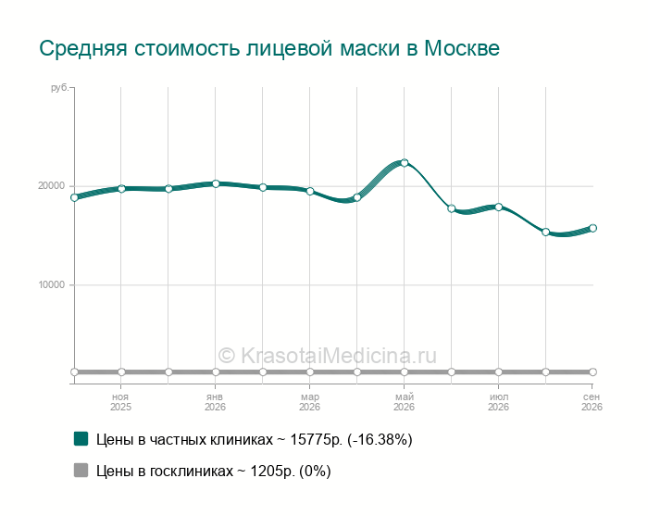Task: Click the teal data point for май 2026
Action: point(405,163)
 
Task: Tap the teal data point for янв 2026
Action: point(216,183)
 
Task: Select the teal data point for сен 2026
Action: point(592,228)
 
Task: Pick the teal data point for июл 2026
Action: point(498,207)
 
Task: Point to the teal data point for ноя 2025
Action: point(121,189)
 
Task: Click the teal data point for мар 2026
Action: point(310,191)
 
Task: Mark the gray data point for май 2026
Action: point(405,372)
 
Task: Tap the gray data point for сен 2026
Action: point(592,372)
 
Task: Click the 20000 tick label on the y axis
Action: point(52,185)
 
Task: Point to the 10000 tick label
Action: point(52,285)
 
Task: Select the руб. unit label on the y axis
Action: point(59,88)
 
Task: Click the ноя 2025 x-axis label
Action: point(120,402)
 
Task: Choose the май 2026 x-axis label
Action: point(404,402)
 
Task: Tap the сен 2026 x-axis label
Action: point(592,402)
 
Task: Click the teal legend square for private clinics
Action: point(81,439)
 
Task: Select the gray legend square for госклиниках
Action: point(81,470)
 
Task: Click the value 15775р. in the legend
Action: point(317,439)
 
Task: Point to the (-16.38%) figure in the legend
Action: point(380,439)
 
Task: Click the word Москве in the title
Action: point(462,48)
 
